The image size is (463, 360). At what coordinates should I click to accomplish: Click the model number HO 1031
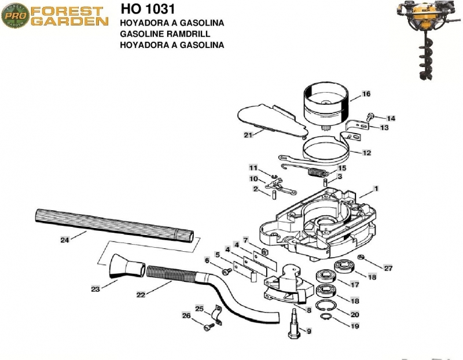147,10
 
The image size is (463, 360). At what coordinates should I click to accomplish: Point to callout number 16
366,94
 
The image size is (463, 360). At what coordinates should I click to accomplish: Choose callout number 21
248,135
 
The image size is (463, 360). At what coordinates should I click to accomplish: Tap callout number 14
391,118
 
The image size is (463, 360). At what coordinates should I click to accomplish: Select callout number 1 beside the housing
376,188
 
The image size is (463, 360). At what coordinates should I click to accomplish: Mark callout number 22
140,295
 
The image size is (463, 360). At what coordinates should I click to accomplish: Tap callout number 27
388,269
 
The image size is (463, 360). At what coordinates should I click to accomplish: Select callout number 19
355,326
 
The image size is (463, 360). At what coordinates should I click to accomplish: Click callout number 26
186,315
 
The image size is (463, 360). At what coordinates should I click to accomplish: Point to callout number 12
366,153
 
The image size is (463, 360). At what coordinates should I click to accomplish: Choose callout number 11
253,167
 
